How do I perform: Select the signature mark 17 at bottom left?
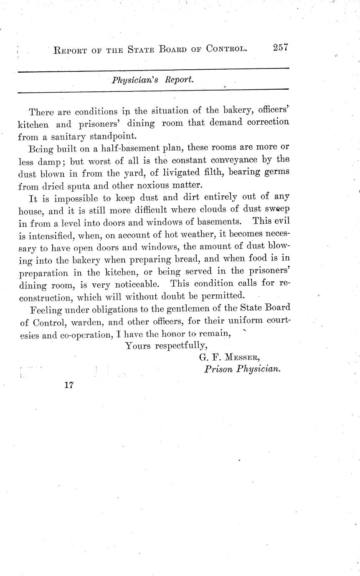click(x=69, y=385)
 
